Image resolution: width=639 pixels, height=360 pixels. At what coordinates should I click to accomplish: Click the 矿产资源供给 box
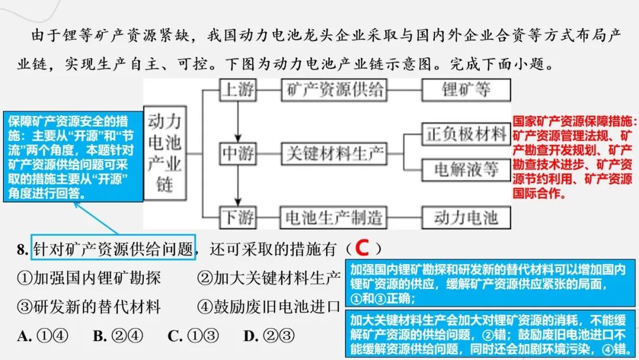(334, 90)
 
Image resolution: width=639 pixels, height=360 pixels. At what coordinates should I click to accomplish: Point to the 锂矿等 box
(466, 90)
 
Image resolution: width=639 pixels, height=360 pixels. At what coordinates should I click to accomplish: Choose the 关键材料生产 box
(334, 154)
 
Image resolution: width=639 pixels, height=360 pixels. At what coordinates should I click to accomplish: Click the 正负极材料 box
(466, 135)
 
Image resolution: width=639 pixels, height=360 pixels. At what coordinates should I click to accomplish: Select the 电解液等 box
(466, 170)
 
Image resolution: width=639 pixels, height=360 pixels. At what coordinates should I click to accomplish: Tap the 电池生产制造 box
(334, 217)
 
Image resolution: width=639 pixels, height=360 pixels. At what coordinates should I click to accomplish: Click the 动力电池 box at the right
(466, 217)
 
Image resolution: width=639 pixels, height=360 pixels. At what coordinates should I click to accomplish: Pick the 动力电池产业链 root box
(164, 153)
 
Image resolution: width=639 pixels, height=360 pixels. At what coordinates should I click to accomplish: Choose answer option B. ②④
(118, 336)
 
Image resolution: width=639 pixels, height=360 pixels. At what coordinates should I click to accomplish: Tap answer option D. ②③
(269, 336)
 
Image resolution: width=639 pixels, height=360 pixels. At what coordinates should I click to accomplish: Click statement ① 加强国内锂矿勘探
(89, 278)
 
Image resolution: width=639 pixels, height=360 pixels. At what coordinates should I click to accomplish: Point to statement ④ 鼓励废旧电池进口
(269, 307)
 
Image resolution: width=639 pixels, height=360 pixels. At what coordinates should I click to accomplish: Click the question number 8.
(23, 249)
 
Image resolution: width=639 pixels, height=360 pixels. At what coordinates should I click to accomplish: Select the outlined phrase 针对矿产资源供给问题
(114, 249)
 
